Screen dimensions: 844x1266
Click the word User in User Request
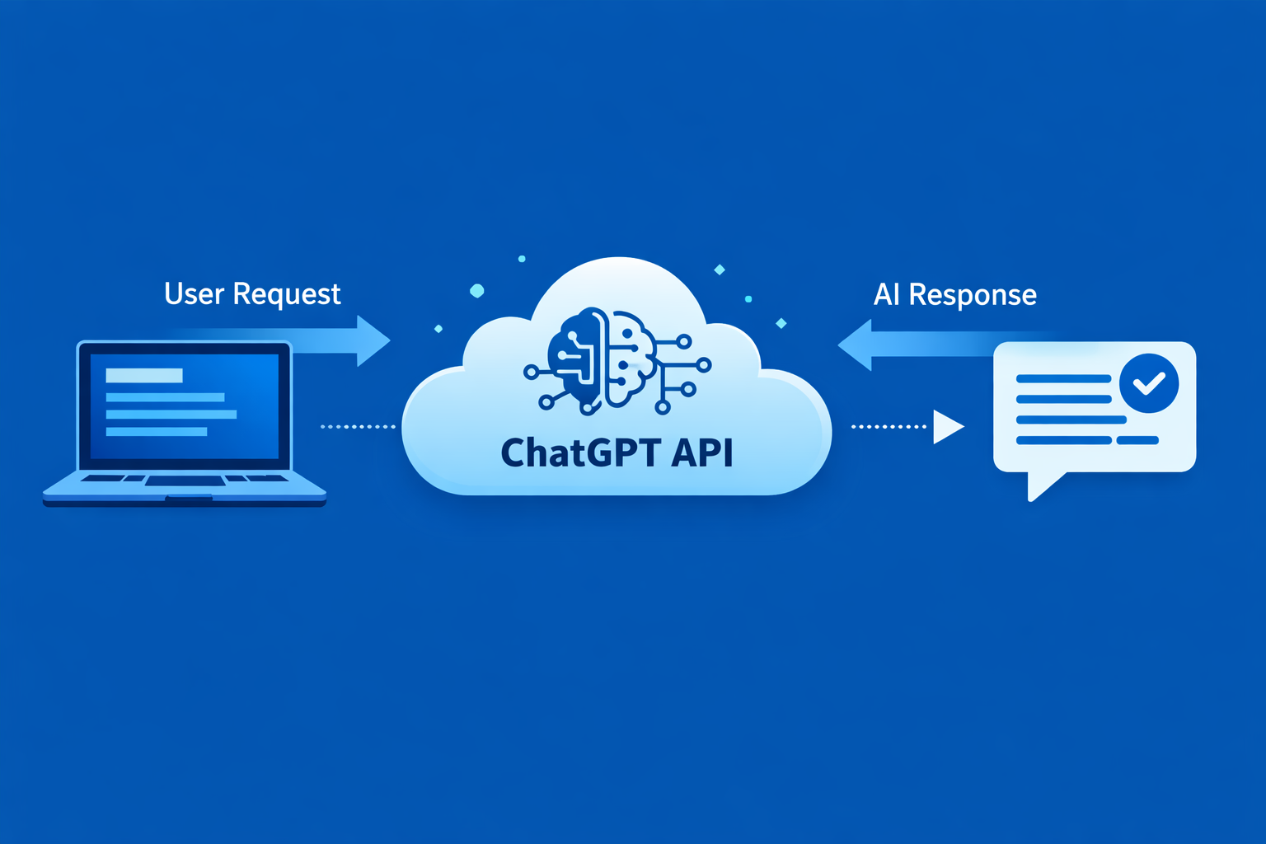tap(194, 294)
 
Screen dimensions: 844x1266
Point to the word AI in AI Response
tap(886, 295)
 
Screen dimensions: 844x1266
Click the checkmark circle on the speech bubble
tap(1149, 383)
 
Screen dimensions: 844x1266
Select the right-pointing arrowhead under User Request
tap(373, 340)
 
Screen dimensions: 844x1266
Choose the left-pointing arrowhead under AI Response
tap(856, 345)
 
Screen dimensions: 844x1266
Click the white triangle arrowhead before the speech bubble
tap(947, 427)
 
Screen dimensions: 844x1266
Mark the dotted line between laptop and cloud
tap(358, 427)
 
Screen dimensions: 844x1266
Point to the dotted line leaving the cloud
tap(889, 427)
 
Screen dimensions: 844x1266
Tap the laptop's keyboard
tap(185, 479)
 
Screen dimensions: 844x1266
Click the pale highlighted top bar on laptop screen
tap(144, 376)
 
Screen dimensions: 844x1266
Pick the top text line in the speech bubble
tap(1063, 379)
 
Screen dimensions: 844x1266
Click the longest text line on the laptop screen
tap(171, 415)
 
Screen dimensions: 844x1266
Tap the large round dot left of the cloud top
tap(476, 290)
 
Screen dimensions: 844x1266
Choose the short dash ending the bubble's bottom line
tap(1137, 440)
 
